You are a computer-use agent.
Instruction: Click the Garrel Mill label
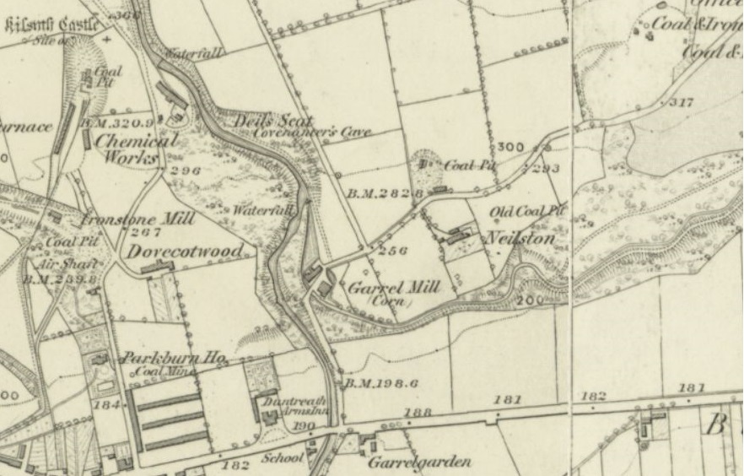(394, 288)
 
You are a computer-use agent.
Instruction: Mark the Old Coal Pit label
(528, 210)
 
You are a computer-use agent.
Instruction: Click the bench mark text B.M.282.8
(384, 193)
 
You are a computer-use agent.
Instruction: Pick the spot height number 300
(511, 147)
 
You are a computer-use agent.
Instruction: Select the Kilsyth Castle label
(51, 24)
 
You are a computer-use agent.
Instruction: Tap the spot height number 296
(185, 171)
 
